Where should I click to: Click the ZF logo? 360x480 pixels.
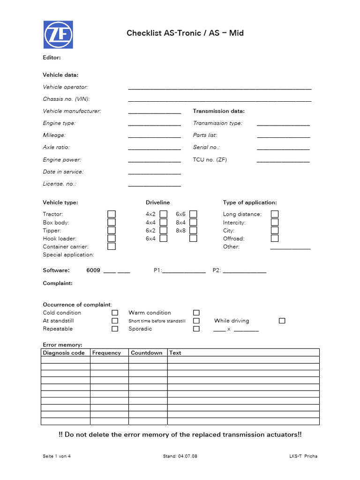click(x=58, y=34)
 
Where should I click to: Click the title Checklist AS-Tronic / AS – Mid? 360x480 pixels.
click(x=185, y=33)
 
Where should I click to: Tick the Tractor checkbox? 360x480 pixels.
click(x=112, y=214)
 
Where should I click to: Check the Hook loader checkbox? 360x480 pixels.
click(x=112, y=238)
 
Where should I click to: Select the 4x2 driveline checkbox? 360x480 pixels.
click(x=163, y=214)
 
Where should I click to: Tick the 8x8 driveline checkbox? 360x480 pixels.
click(x=193, y=230)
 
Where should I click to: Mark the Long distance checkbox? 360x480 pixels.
click(x=275, y=214)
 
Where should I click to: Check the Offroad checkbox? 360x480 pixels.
click(x=275, y=238)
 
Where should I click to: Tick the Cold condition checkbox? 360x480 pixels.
click(x=115, y=313)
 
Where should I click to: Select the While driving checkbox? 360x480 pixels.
click(x=282, y=321)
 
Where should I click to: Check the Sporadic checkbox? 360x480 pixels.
click(x=196, y=329)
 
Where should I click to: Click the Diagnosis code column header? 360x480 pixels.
click(x=64, y=353)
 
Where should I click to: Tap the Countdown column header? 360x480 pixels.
click(x=147, y=353)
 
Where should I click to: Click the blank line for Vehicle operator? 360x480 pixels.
click(x=219, y=88)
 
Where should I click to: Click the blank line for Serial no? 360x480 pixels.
click(x=283, y=149)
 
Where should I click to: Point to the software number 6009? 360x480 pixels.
click(x=93, y=270)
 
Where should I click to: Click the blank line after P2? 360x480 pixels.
click(x=244, y=272)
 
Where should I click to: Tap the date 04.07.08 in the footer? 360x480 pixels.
click(x=188, y=456)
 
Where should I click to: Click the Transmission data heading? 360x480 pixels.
click(x=219, y=111)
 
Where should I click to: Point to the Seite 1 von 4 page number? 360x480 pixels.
click(x=57, y=456)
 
